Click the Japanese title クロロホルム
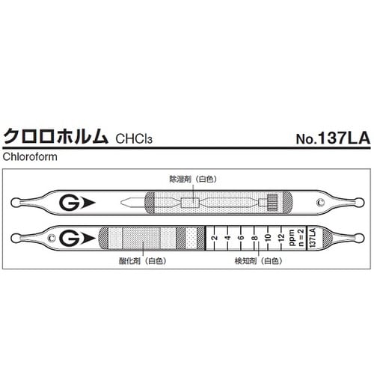point(56,138)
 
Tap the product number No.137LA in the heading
point(328,138)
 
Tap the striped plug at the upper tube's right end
point(272,203)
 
